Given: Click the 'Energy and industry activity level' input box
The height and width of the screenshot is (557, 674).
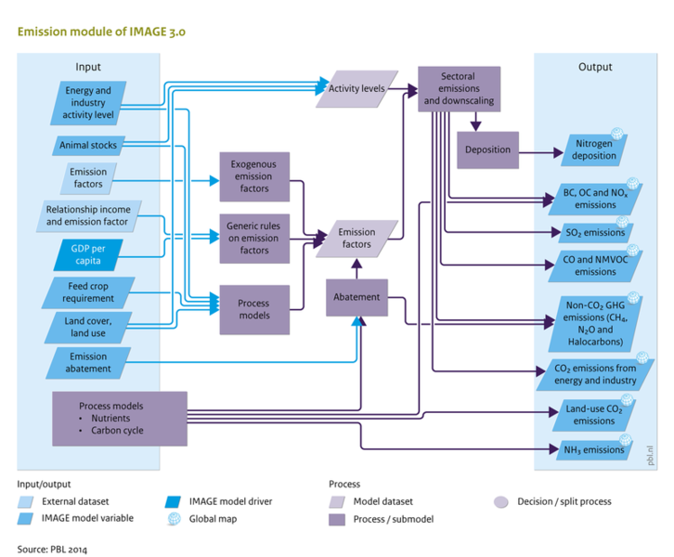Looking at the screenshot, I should [x=87, y=102].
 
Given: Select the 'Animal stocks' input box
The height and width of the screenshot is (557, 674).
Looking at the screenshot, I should [x=87, y=146].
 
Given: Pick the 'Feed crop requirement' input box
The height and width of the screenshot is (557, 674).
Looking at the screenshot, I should [x=89, y=292].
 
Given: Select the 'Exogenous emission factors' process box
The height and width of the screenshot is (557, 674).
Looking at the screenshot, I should [x=254, y=176].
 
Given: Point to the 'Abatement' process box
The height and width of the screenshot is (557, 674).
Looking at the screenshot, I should [x=356, y=297].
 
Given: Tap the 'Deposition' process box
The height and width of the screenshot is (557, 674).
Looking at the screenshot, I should [x=488, y=149].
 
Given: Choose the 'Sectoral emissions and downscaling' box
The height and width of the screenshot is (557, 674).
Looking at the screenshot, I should [x=455, y=88].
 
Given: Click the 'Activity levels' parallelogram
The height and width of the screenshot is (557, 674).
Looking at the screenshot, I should [x=356, y=88].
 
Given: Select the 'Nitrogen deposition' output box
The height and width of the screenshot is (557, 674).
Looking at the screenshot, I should [x=594, y=149].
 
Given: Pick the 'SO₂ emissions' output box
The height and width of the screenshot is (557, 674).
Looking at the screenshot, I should [x=589, y=232].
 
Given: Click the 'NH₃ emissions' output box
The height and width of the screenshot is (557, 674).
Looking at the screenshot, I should [x=589, y=451].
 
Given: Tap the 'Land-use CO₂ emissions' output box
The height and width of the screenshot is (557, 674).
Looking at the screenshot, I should [x=589, y=414].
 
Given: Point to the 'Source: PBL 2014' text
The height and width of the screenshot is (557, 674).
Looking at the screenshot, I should [x=52, y=549].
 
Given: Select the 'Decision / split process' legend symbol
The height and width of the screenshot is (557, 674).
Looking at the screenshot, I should [x=500, y=502].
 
